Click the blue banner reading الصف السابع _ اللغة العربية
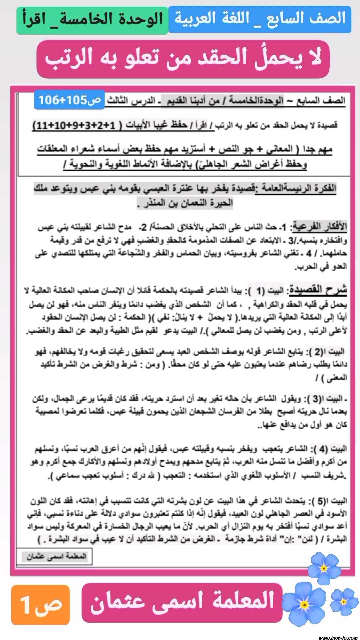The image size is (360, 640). coord(260,19)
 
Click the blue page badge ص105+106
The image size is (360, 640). coord(69,100)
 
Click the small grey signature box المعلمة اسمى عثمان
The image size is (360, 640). coord(56,556)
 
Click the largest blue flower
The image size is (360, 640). coord(304,604)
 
